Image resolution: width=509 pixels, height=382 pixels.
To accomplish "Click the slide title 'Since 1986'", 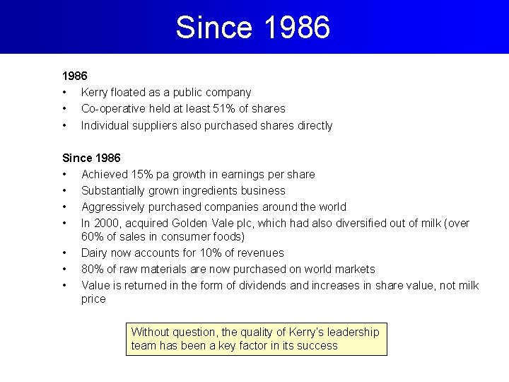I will [253, 28].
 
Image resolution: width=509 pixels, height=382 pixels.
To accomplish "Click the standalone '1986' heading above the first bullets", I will [75, 76].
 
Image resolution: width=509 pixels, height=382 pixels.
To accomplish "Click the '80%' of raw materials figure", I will [93, 269].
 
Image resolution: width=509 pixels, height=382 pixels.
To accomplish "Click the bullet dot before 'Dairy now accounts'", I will [64, 253].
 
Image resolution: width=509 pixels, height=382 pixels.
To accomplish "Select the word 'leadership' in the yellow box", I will [352, 332].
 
